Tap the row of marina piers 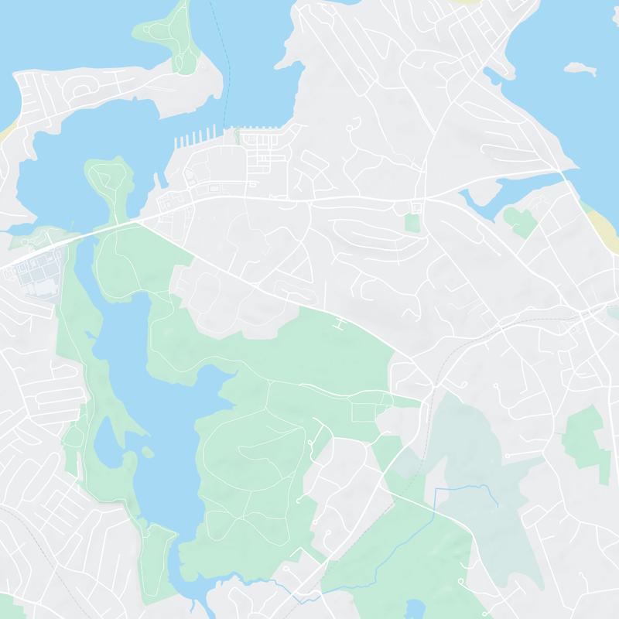[x=198, y=140]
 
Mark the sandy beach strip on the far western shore [x=5, y=132]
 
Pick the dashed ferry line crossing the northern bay [x=225, y=77]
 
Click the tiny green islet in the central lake [x=144, y=450]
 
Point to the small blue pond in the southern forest [x=416, y=608]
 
